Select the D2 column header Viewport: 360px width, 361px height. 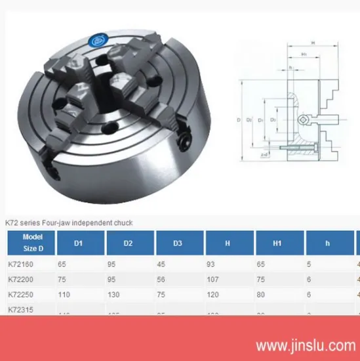(x=129, y=244)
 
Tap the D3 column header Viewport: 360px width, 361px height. (x=178, y=244)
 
